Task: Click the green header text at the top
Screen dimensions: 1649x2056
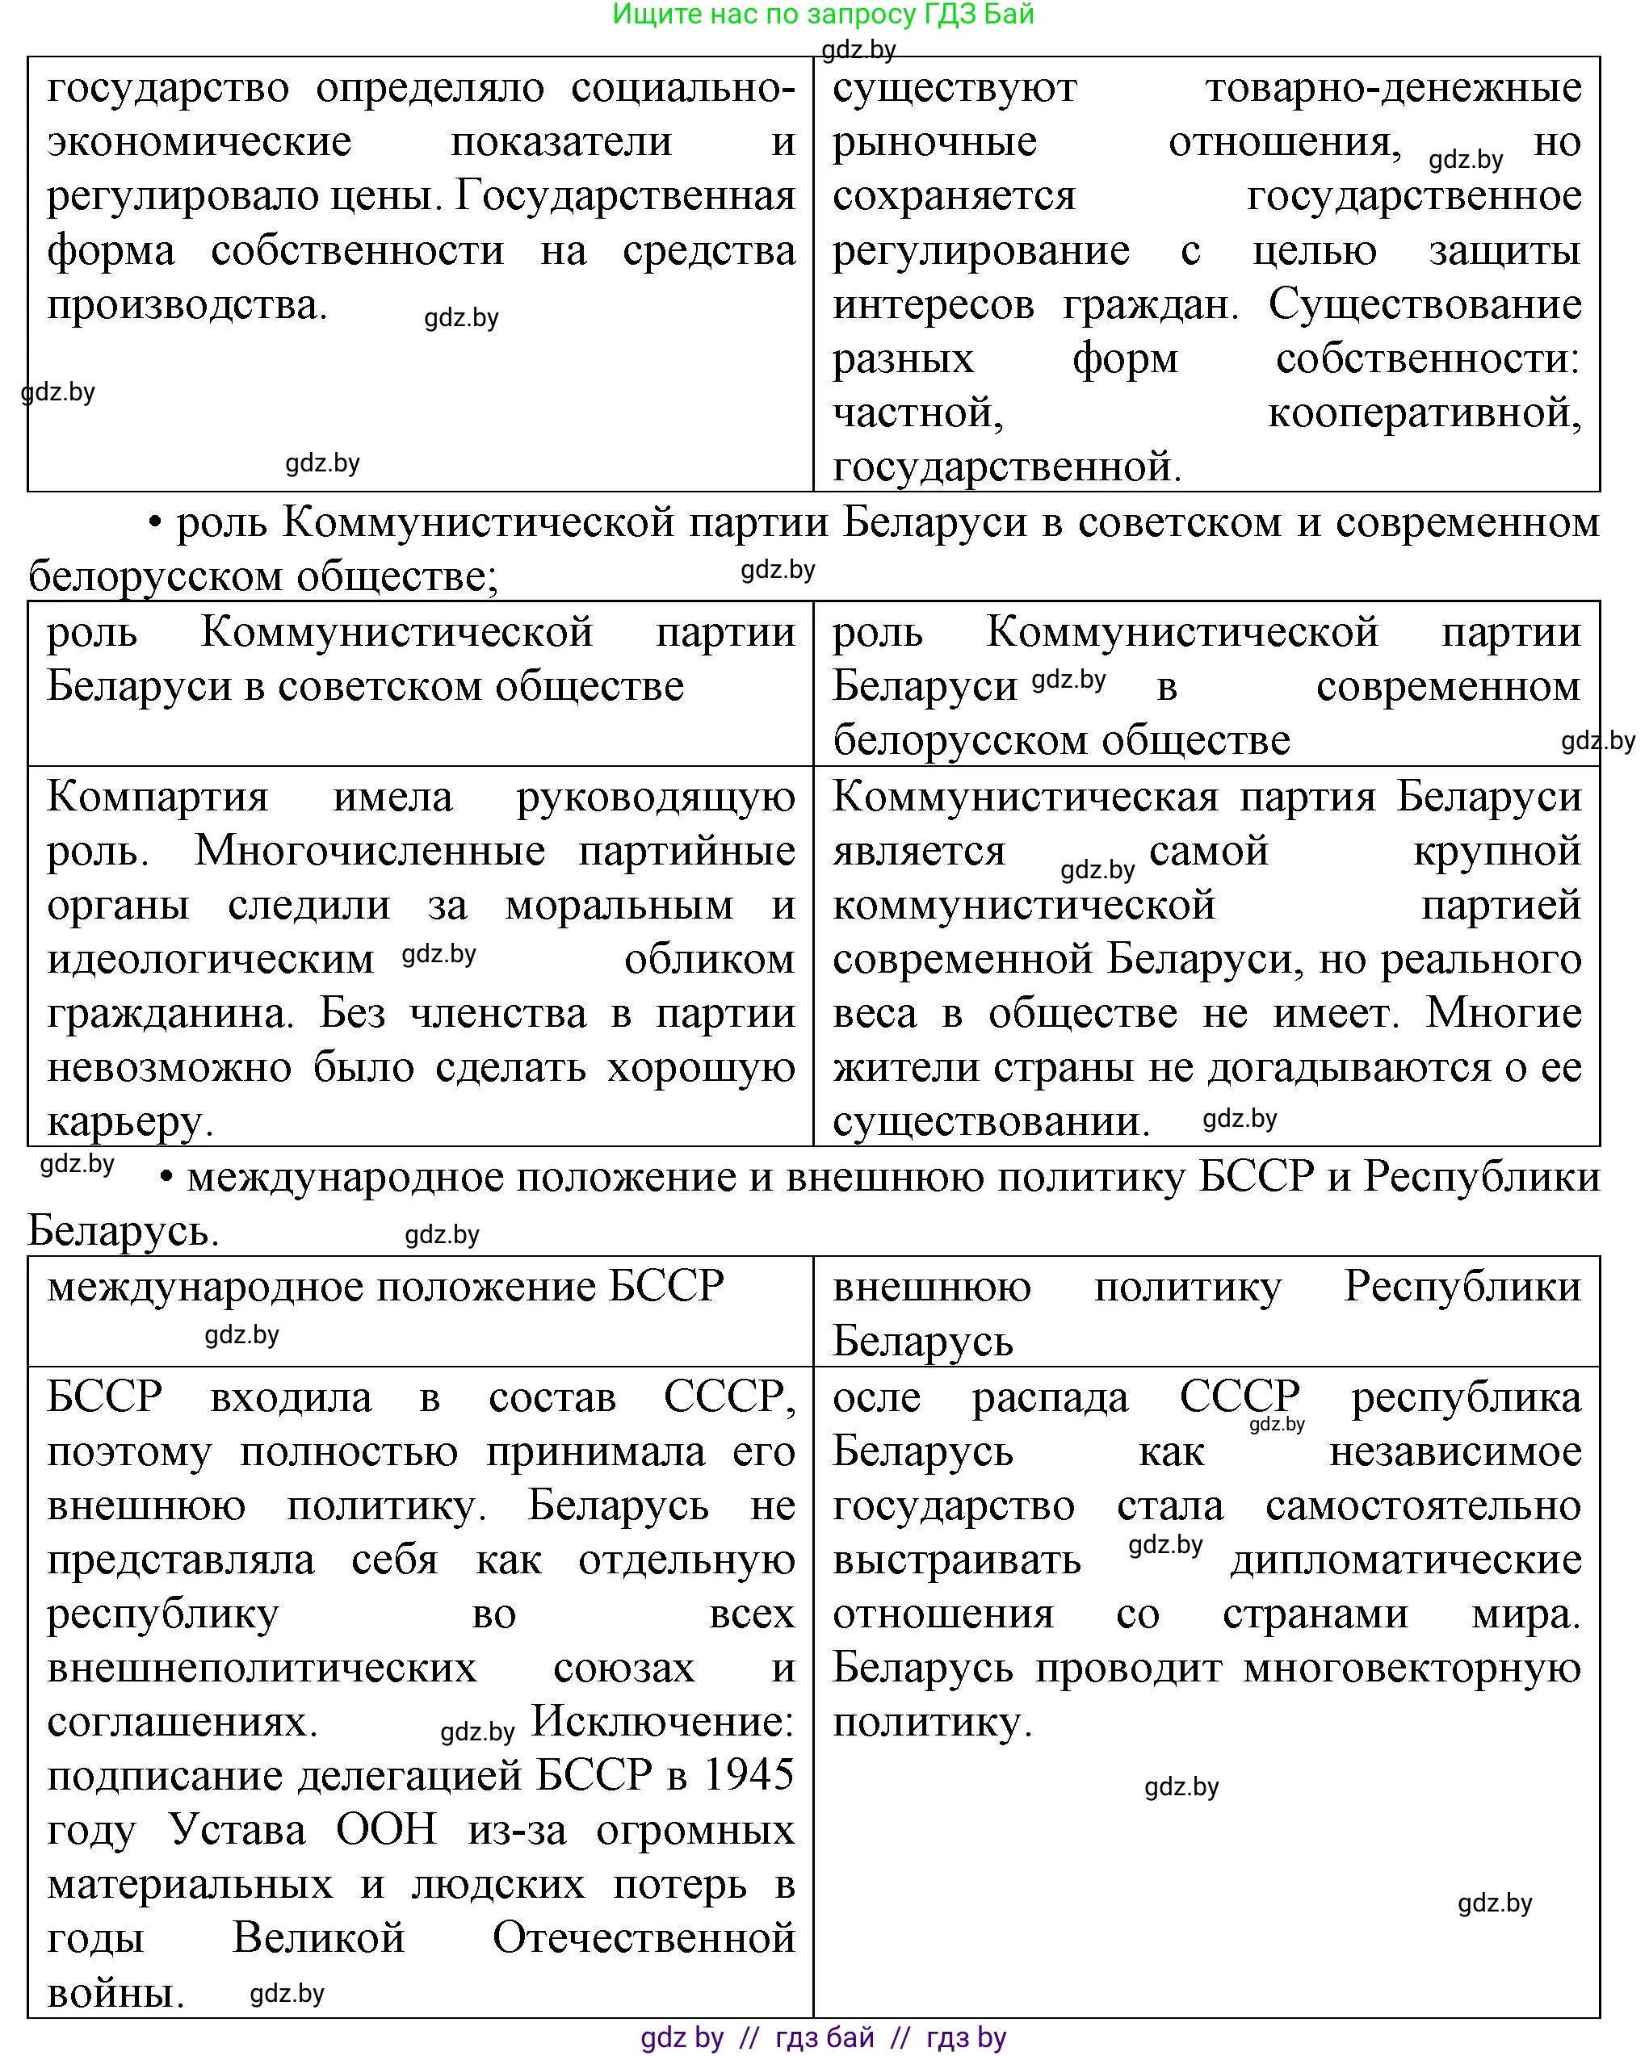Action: pos(823,15)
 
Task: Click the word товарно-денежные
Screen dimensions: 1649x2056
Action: pos(1392,88)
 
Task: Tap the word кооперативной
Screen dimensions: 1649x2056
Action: pos(1423,414)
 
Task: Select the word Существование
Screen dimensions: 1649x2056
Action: pos(1424,305)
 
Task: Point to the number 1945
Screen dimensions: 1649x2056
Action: pos(748,1777)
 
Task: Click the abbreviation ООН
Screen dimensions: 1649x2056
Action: pos(386,1831)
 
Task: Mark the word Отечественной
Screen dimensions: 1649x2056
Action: pos(643,1940)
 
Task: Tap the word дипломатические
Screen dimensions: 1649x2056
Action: pos(1406,1561)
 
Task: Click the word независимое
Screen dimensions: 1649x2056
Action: pos(1454,1452)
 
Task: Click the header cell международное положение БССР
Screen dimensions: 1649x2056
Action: pos(385,1288)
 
